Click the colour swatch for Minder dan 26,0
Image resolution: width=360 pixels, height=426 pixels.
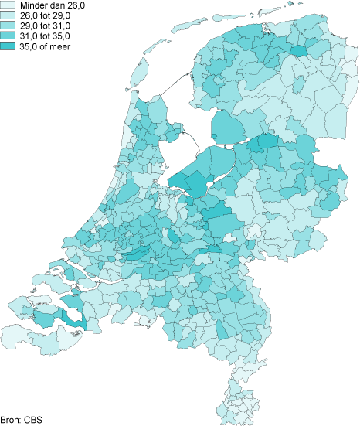[x=8, y=5]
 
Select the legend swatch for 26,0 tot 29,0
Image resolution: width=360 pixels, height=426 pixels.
[x=8, y=15]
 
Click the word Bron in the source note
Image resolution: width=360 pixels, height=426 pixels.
[x=11, y=421]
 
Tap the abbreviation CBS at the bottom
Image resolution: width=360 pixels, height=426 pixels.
[x=33, y=421]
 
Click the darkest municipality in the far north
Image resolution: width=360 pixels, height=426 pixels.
[x=297, y=52]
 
